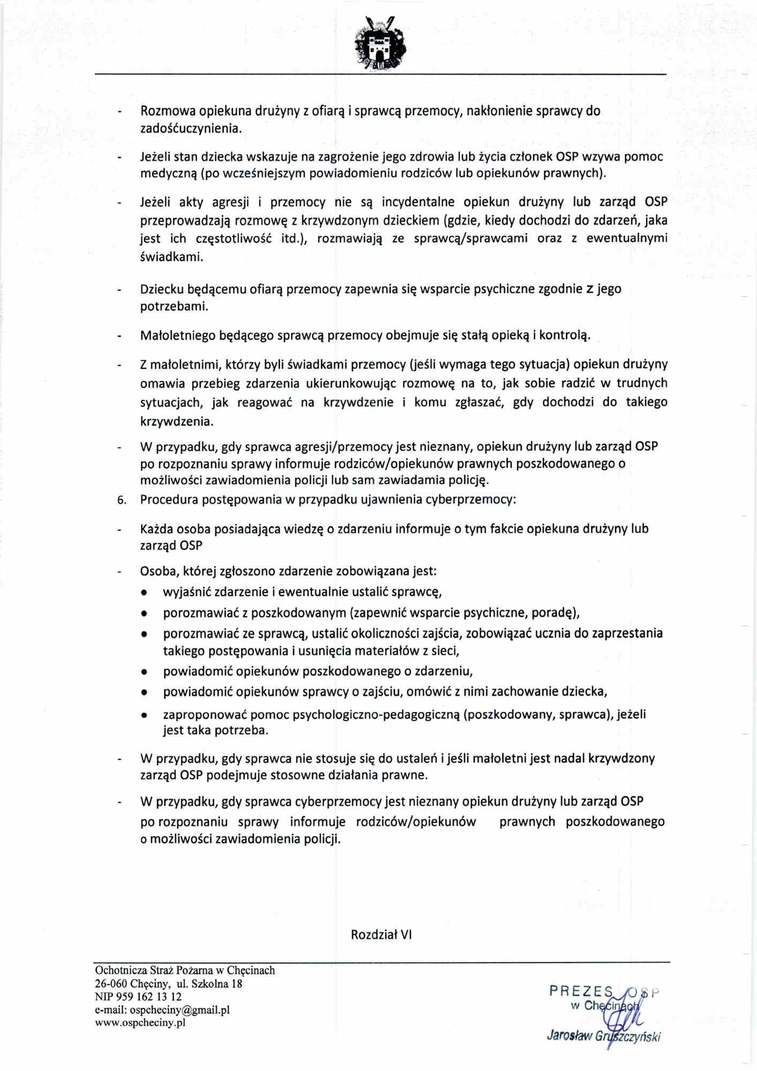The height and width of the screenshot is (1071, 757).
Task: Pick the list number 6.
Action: tap(122, 500)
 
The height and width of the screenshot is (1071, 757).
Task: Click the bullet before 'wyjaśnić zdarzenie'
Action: tap(144, 593)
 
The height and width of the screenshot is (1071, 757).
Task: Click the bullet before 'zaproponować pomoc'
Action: tap(144, 715)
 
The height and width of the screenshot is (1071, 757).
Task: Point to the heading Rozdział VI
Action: tap(381, 935)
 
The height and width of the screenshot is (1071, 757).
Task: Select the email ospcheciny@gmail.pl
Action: tap(179, 1010)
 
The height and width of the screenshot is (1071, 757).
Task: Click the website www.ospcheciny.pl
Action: tap(140, 1022)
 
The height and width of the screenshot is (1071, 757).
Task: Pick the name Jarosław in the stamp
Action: tap(569, 1036)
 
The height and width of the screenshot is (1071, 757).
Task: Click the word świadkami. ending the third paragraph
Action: tap(171, 257)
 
